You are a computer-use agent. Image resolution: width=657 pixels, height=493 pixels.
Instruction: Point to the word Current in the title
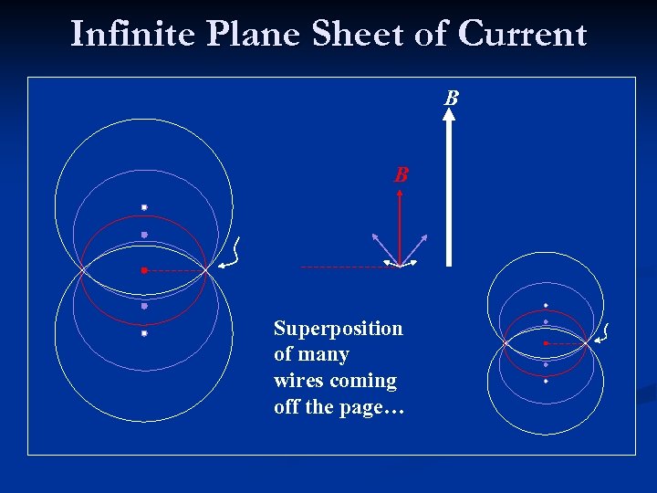pos(523,34)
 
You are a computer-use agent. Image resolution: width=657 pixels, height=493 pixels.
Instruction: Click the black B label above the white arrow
pos(451,98)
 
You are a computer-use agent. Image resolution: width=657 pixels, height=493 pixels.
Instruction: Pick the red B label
pos(401,174)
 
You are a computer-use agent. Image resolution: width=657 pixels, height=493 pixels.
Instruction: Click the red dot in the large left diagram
pos(144,270)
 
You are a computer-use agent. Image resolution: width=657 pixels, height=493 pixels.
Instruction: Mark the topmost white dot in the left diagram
pos(144,207)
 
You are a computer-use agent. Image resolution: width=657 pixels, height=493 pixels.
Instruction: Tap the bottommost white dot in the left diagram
pos(144,334)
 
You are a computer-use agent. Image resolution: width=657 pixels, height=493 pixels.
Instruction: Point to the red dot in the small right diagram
pos(546,343)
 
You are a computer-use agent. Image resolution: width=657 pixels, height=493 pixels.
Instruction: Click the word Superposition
pos(338,329)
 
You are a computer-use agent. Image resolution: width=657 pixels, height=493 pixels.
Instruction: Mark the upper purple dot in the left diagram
pos(144,235)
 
